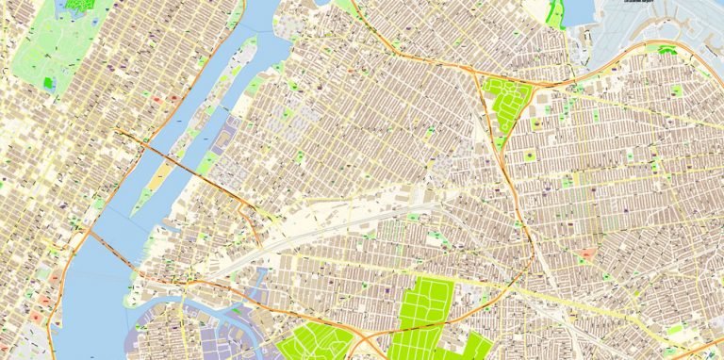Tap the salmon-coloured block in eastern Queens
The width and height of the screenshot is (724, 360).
click(x=587, y=254)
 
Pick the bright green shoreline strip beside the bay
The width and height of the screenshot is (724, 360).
click(x=556, y=13)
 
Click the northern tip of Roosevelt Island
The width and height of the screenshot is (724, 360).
click(x=253, y=42)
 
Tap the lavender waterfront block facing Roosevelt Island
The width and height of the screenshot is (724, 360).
click(x=226, y=141)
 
